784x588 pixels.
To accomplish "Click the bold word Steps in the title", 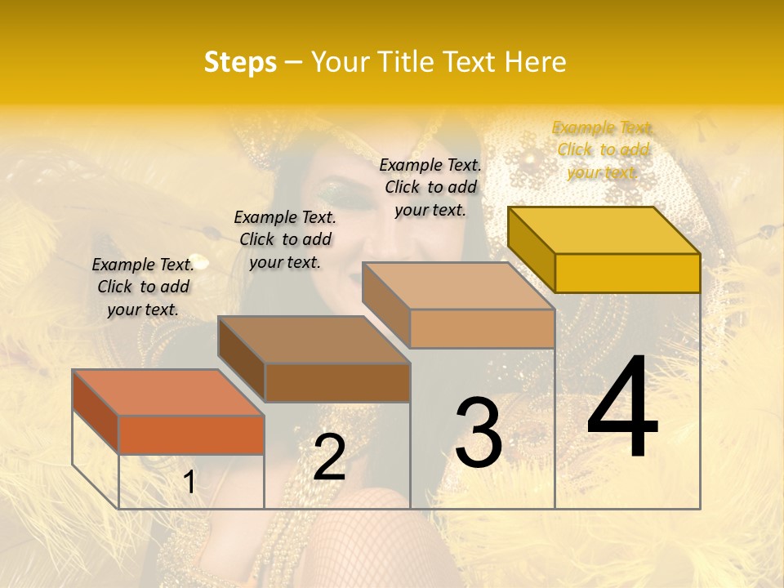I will click(x=240, y=63).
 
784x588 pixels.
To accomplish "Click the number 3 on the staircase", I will click(x=478, y=433).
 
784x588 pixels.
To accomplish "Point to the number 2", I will click(x=329, y=457).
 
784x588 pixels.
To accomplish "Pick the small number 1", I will click(x=189, y=483).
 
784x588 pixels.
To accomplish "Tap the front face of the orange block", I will click(x=191, y=434).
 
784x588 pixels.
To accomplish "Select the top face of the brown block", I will click(x=314, y=340).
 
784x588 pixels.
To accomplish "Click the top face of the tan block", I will click(x=458, y=286).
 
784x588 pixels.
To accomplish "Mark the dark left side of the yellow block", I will click(x=531, y=249).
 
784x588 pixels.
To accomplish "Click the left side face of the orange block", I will click(x=96, y=411).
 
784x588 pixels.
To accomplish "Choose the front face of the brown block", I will click(x=337, y=382).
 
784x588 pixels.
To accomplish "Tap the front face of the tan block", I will click(x=482, y=328).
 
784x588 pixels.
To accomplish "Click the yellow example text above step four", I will click(x=603, y=149).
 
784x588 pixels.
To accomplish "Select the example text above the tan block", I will click(x=430, y=187).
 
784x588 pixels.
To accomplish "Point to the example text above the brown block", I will click(x=285, y=239).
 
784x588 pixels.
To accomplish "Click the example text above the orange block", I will click(x=143, y=287).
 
